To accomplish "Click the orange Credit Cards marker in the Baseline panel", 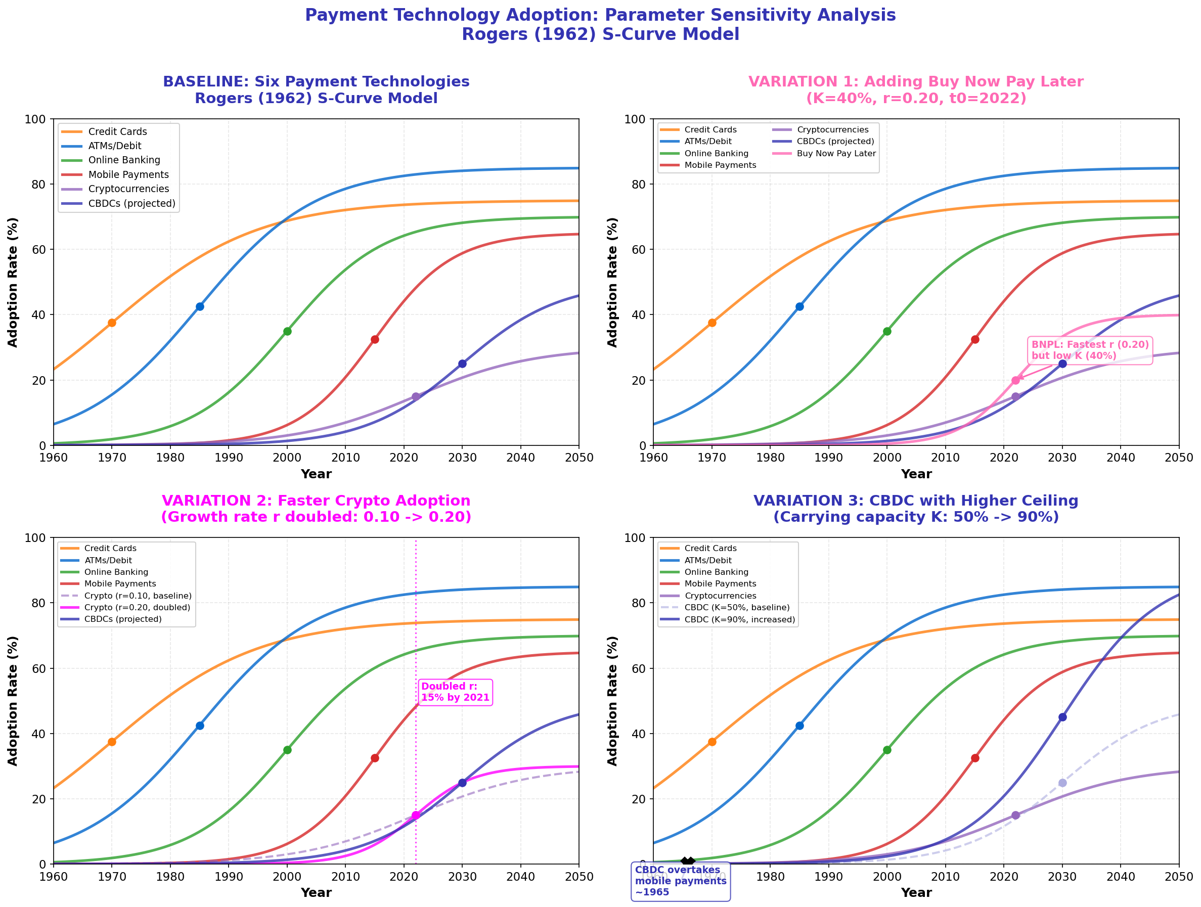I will [x=112, y=323].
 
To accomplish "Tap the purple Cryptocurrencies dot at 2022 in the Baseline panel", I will [x=415, y=397].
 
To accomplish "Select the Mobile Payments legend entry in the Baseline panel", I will [x=128, y=175].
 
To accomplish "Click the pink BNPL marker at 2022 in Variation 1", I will [x=1015, y=381].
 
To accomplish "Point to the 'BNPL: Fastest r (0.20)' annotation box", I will [x=1090, y=350].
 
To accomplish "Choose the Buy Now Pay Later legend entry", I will [x=836, y=154].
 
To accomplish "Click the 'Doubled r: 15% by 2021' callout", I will [x=455, y=692].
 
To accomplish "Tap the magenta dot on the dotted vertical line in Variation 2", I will [x=415, y=815].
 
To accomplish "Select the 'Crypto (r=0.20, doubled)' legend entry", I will [x=137, y=607].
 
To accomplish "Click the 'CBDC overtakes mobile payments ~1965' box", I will [x=680, y=880].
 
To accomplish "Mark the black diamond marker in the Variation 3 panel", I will [x=687, y=862].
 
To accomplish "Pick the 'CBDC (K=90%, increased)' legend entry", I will [x=739, y=619].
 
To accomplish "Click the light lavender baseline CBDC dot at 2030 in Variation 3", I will [x=1062, y=783].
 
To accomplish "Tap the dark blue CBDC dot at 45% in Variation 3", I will [x=1062, y=717].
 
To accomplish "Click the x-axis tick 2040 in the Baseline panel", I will [x=520, y=458].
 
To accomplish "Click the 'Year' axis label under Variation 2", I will [x=316, y=893].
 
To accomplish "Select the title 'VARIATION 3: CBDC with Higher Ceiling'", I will [x=915, y=501].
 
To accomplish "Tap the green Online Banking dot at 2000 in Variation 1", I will [x=887, y=331].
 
